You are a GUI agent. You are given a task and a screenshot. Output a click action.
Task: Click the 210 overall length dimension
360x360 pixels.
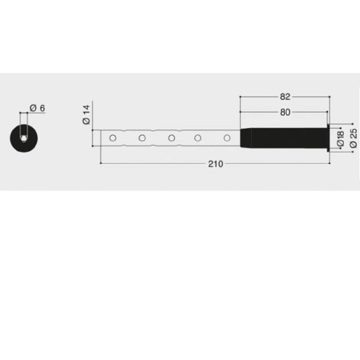click(216, 164)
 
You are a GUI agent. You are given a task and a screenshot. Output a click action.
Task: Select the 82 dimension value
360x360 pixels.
click(285, 97)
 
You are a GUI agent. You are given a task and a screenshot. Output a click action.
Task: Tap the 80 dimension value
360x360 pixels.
click(285, 112)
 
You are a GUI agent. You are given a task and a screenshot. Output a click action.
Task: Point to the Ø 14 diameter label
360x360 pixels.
click(86, 115)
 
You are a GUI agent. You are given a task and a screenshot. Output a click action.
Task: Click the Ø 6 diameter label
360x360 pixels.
click(37, 108)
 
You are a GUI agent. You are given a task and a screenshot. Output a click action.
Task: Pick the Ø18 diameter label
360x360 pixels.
click(340, 139)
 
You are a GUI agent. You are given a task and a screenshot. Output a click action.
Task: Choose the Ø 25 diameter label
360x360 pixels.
click(353, 138)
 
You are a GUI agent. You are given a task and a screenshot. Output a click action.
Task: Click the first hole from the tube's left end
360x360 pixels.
click(113, 138)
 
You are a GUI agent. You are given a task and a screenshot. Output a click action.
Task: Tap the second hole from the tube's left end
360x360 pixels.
click(142, 138)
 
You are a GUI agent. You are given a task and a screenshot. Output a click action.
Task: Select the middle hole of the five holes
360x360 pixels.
click(172, 138)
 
